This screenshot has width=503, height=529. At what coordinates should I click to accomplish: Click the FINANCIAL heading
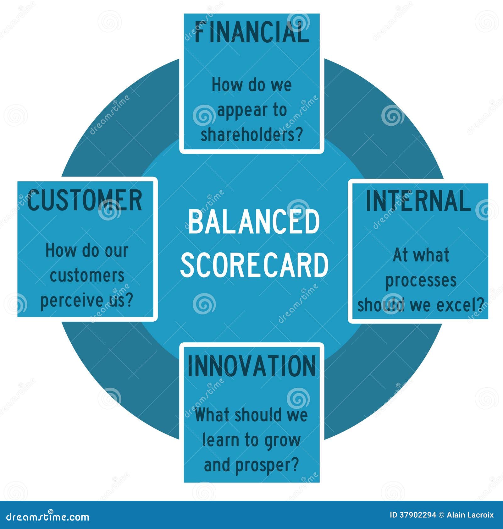[x=251, y=32]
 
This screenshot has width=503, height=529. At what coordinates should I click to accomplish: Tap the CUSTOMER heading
[x=85, y=200]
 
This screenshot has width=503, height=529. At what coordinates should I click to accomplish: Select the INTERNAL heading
[x=418, y=201]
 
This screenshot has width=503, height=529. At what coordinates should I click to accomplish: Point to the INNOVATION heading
[x=251, y=366]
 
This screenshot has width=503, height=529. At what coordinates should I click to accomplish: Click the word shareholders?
[x=251, y=134]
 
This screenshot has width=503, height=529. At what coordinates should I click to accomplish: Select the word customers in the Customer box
[x=87, y=276]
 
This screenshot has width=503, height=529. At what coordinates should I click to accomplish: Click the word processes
[x=421, y=280]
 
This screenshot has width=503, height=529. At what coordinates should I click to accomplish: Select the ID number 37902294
[x=417, y=515]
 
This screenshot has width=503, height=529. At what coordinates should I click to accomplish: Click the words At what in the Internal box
[x=421, y=255]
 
